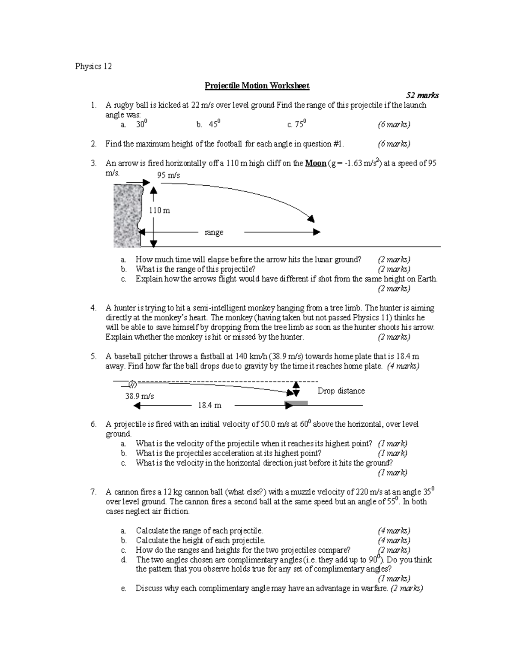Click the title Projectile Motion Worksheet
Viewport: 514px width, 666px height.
click(257, 86)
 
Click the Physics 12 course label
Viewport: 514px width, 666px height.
click(93, 66)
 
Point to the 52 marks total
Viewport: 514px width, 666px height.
click(422, 95)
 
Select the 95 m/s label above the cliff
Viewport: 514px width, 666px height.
click(168, 175)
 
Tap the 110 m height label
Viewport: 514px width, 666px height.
click(159, 210)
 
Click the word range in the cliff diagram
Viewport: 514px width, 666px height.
click(214, 232)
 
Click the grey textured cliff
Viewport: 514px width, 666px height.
click(126, 216)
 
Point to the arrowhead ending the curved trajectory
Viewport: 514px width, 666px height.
click(311, 218)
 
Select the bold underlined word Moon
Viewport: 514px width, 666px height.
click(315, 163)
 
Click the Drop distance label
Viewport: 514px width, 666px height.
click(341, 391)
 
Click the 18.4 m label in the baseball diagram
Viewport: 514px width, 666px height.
click(209, 405)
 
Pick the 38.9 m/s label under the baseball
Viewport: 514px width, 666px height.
click(139, 396)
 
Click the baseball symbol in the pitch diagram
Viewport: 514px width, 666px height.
click(132, 384)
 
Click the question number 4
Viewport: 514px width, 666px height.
click(93, 308)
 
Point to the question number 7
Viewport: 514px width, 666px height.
click(93, 492)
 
